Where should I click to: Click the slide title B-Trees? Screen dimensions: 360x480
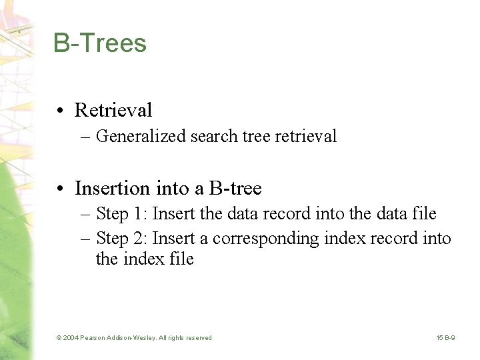tap(100, 43)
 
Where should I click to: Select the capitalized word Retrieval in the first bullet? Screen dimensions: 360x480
tap(113, 110)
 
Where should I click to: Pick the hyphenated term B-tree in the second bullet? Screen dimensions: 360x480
tap(235, 189)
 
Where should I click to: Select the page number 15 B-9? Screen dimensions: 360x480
tap(446, 338)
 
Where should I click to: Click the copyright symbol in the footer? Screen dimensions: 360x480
tap(59, 338)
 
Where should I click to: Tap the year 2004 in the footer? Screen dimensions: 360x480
tap(71, 338)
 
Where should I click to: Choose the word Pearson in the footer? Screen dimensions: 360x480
tap(93, 338)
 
